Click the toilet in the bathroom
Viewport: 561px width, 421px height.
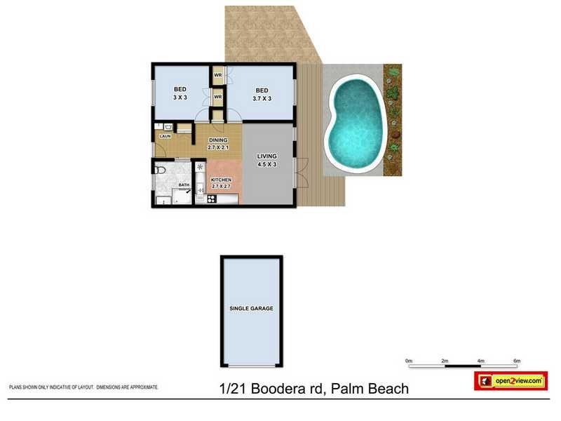tap(161, 170)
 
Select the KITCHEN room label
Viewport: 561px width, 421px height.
tap(221, 180)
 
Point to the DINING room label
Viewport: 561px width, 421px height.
tap(218, 140)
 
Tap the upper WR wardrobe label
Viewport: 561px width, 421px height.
tap(217, 74)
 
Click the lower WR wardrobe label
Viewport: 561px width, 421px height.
tap(217, 97)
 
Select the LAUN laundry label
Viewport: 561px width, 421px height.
tap(165, 136)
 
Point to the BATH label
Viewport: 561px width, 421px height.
tap(183, 185)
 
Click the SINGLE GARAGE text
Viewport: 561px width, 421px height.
tap(251, 309)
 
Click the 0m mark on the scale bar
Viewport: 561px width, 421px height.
tap(408, 361)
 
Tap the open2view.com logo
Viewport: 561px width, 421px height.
tap(511, 380)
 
